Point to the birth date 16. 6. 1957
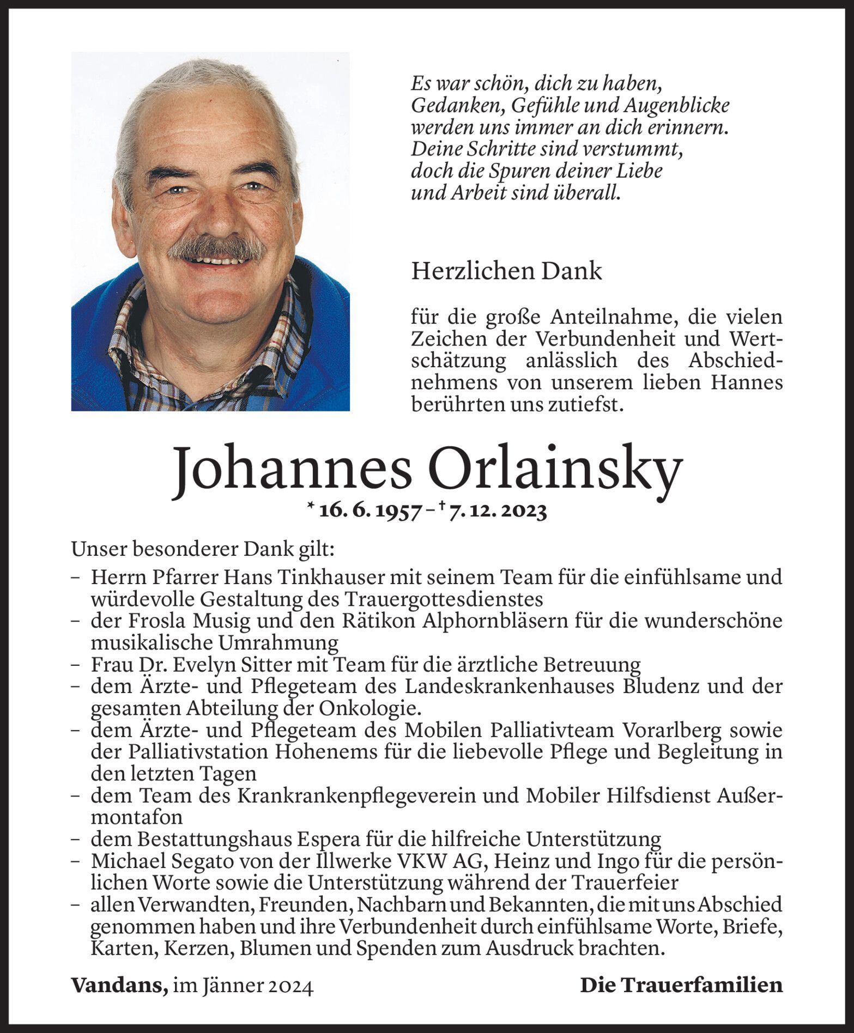click(370, 511)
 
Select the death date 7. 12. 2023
click(497, 511)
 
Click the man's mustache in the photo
click(216, 248)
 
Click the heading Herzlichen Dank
click(506, 271)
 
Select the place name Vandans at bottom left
click(118, 985)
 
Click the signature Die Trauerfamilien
click(681, 985)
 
